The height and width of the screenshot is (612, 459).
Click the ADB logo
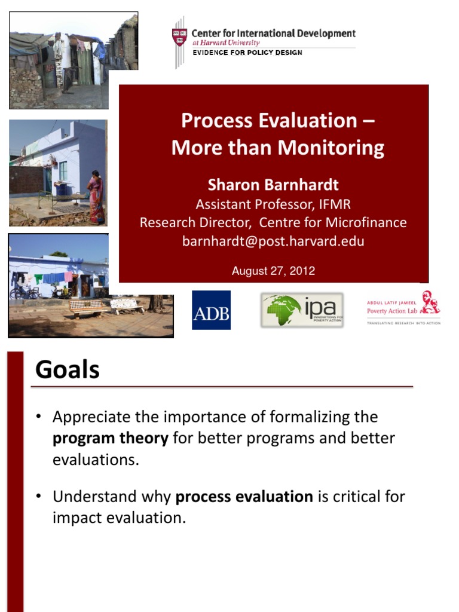211,310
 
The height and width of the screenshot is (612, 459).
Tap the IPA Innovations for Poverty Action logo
302,310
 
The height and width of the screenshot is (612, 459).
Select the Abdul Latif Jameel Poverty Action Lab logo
403,308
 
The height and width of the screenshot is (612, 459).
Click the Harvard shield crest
179,37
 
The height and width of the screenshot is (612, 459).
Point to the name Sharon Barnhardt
273,185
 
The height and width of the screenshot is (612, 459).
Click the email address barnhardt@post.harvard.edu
273,241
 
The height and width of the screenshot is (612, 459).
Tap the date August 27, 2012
273,271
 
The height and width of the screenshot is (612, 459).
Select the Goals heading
68,370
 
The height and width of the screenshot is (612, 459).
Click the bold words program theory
111,438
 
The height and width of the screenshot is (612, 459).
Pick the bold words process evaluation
244,496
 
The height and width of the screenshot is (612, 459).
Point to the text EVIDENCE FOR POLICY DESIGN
247,53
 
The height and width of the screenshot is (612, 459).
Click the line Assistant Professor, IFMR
273,204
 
